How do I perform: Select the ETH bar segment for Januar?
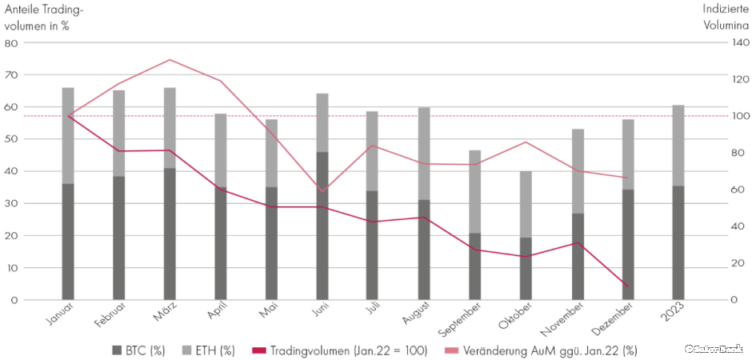pyautogui.click(x=68, y=136)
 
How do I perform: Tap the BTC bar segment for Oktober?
pyautogui.click(x=526, y=268)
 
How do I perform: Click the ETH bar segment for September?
pyautogui.click(x=475, y=192)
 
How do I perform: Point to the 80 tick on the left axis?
pyautogui.click(x=12, y=43)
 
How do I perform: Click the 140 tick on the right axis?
pyautogui.click(x=740, y=43)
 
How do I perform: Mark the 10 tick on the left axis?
pyautogui.click(x=12, y=268)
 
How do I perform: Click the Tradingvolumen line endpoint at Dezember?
pyautogui.click(x=627, y=286)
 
